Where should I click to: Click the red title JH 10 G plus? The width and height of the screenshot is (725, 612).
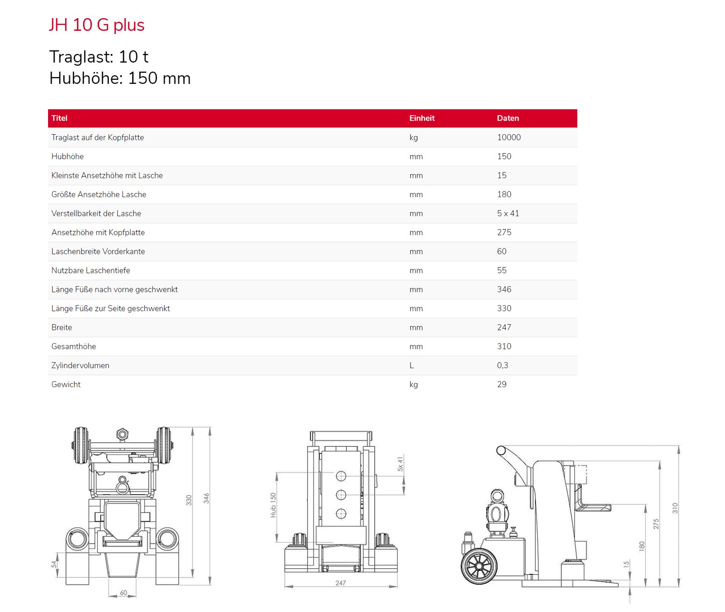97,25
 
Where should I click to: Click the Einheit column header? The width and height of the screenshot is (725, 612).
422,118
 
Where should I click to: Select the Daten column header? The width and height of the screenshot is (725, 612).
508,118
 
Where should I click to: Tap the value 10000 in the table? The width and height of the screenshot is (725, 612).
509,137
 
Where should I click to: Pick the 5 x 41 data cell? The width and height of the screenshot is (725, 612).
508,214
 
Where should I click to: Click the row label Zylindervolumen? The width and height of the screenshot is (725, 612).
80,365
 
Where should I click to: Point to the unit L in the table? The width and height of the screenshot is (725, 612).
411,365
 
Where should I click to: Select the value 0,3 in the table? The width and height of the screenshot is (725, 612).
503,365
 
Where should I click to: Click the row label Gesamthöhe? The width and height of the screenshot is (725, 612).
73,346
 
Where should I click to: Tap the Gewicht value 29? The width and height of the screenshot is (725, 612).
502,384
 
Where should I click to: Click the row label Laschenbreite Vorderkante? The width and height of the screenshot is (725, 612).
98,252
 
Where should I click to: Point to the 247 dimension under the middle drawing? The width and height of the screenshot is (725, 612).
341,583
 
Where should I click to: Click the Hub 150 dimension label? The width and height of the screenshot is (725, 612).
273,505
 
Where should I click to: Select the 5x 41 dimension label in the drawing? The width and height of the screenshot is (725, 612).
400,464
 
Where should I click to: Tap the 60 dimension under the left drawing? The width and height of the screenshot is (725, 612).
123,593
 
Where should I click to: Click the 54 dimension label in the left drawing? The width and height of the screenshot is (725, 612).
54,564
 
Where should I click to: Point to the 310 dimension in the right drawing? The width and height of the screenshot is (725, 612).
675,508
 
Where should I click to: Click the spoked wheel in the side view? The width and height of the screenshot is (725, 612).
479,566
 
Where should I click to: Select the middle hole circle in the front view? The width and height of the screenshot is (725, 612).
341,495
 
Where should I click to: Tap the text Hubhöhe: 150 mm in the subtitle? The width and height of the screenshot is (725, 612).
120,78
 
